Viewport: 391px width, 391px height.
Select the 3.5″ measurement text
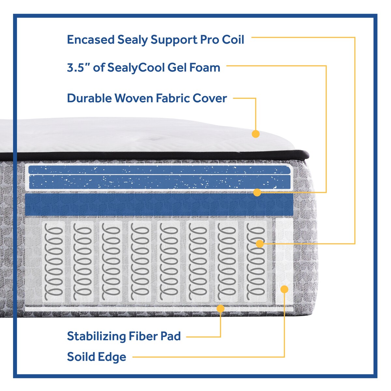[78, 68]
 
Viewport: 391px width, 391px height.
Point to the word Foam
[205, 68]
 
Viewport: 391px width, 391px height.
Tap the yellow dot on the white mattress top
[256, 134]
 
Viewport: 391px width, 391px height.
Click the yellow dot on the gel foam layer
[257, 193]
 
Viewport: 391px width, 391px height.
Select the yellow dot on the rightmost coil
[260, 243]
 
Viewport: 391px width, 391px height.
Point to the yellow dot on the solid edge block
[284, 289]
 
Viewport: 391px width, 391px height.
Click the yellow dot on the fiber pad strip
[221, 308]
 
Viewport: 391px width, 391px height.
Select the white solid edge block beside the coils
[284, 261]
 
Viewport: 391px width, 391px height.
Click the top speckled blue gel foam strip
[159, 170]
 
